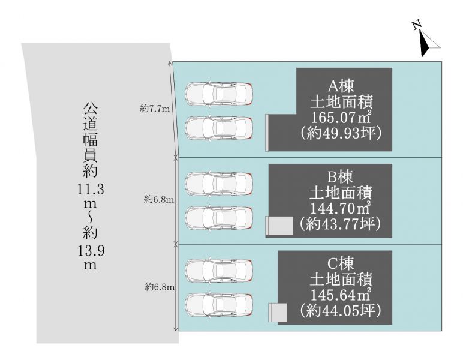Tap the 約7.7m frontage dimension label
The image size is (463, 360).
154,109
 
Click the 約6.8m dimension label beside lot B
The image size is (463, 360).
159,200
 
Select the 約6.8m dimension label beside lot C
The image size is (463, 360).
160,286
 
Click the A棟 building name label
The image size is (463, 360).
341,86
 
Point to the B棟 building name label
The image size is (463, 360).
341,177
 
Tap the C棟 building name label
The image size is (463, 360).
341,264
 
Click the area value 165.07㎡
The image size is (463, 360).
341,117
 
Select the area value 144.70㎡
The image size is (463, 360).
341,208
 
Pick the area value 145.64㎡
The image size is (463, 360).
341,295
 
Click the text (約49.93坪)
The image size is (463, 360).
341,133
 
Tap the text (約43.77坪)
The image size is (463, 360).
340,224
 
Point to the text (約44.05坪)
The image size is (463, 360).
340,310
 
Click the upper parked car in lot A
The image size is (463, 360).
219,94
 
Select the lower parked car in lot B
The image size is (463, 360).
219,218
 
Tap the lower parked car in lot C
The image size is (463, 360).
219,305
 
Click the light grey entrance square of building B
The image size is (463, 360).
281,226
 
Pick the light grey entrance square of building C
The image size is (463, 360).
279,312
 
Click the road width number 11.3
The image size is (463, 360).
91,189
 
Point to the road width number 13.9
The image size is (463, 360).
91,251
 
